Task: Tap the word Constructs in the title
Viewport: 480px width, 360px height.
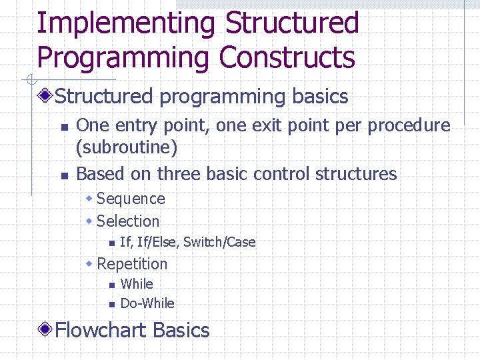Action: point(287,57)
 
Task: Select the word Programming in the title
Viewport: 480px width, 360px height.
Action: point(123,57)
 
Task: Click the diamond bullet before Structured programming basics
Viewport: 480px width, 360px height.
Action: point(45,97)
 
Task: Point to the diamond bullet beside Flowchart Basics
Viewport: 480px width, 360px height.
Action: point(45,330)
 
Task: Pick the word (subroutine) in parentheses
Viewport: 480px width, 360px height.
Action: point(127,147)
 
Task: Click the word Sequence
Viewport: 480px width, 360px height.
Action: point(131,199)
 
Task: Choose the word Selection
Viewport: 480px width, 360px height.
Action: point(128,221)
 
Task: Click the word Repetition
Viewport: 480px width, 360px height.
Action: point(132,263)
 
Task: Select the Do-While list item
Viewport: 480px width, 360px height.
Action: point(147,303)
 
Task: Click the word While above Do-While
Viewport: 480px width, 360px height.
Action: point(137,284)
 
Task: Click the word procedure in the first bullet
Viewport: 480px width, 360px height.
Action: point(409,125)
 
